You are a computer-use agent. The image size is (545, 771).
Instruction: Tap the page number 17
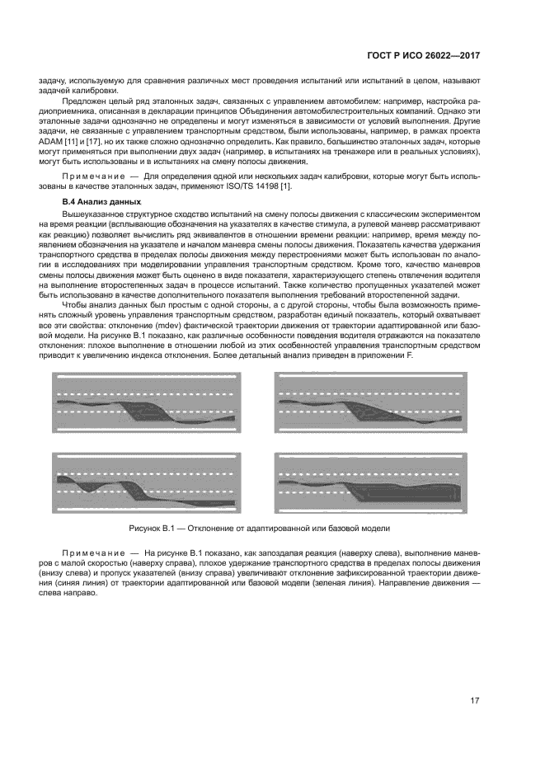476,701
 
